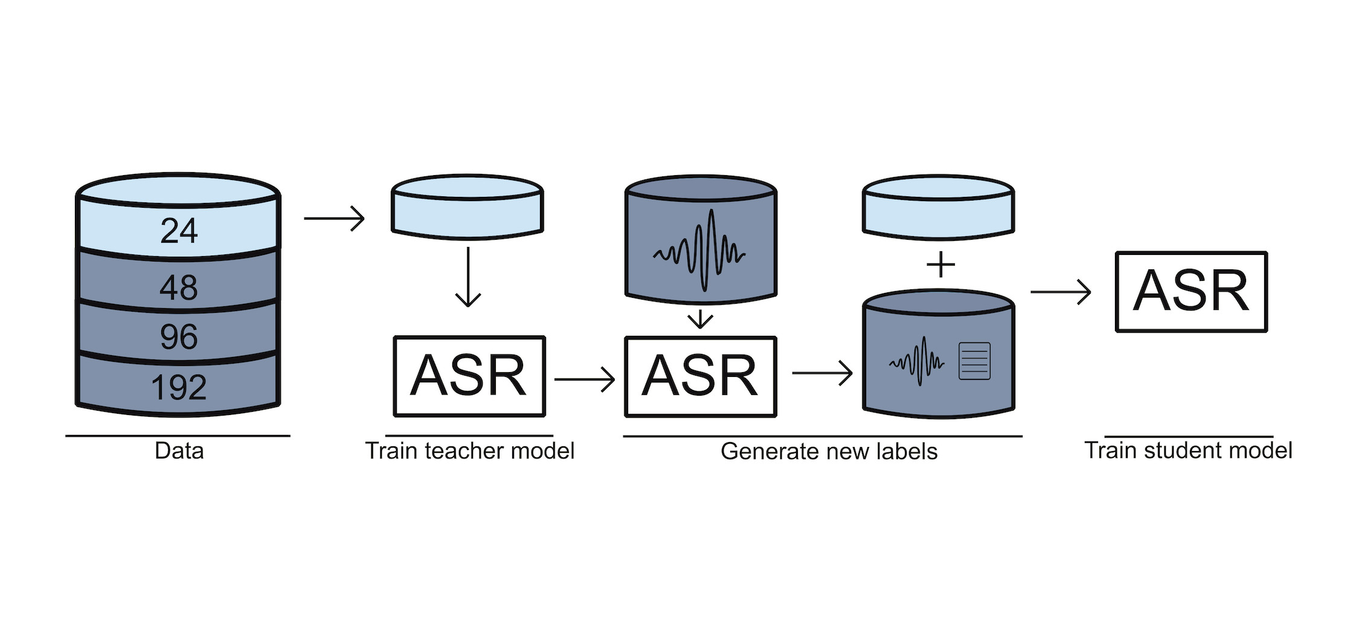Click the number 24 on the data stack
click(179, 231)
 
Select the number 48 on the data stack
click(179, 288)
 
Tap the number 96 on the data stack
click(179, 337)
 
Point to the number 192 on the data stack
click(179, 387)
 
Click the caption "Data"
click(179, 451)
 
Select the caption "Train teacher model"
click(469, 451)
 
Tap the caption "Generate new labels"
click(829, 451)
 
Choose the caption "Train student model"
click(1188, 450)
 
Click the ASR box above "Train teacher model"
click(469, 376)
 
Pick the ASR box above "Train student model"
click(1190, 292)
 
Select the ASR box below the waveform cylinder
click(700, 376)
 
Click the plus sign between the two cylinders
click(940, 265)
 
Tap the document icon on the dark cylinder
click(974, 361)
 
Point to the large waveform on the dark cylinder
click(700, 251)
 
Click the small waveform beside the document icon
click(917, 361)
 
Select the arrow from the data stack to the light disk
click(334, 218)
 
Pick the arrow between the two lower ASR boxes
click(584, 379)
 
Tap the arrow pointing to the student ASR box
click(1061, 292)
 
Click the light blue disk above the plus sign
click(938, 207)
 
